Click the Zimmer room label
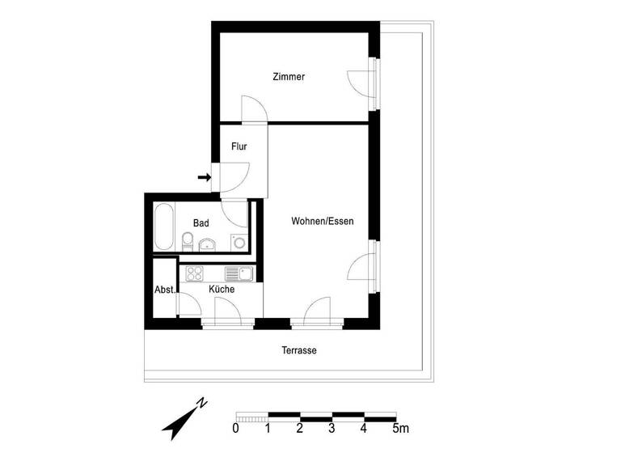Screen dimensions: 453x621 click(288, 78)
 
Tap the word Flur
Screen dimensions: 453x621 click(239, 147)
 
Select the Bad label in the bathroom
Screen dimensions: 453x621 click(201, 222)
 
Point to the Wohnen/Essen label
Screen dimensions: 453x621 click(323, 221)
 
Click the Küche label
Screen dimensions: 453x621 click(222, 289)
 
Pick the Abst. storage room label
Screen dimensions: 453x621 click(165, 290)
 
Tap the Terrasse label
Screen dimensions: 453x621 click(298, 351)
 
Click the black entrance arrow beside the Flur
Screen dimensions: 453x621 click(204, 177)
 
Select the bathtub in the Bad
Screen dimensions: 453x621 click(163, 227)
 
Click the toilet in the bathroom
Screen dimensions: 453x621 click(188, 240)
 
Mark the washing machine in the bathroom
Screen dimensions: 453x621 click(239, 241)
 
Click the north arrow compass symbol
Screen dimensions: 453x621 click(185, 417)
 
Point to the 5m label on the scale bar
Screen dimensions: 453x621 click(399, 428)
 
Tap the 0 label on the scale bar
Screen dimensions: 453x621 click(235, 428)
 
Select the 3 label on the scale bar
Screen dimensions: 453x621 click(332, 428)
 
